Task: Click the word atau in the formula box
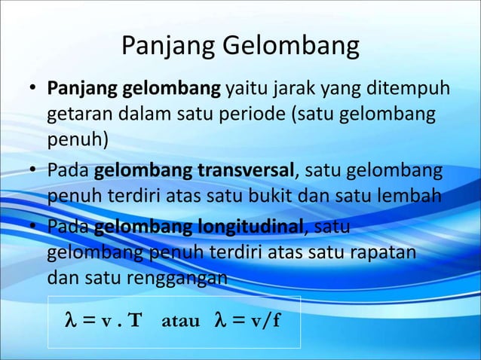pyautogui.click(x=181, y=322)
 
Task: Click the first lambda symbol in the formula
pyautogui.click(x=71, y=322)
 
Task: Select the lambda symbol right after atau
pyautogui.click(x=220, y=322)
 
